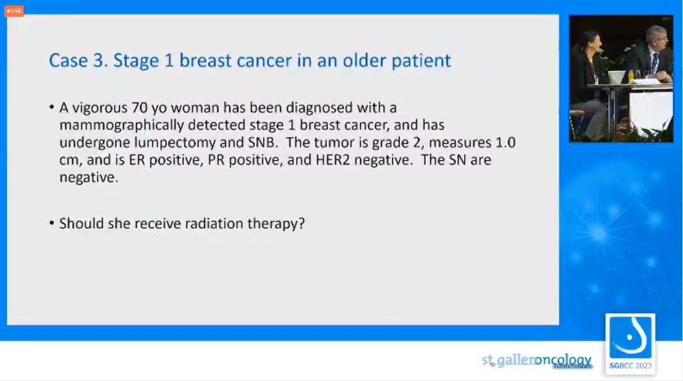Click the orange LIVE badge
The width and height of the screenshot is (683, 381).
[14, 11]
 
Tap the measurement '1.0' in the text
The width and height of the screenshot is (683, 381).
[506, 142]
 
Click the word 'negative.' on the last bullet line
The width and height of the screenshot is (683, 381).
[89, 178]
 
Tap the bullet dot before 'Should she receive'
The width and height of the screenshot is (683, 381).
[52, 224]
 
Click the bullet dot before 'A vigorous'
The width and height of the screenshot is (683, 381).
[52, 107]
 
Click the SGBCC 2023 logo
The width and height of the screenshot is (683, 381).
[631, 344]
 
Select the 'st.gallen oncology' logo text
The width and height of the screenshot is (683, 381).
[537, 361]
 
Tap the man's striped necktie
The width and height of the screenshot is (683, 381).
[655, 64]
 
